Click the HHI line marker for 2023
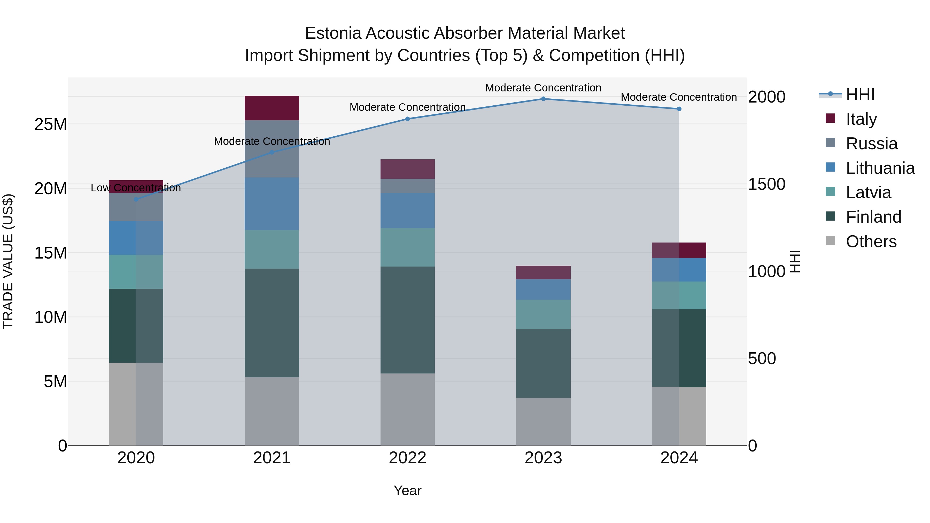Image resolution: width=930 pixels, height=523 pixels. pos(543,99)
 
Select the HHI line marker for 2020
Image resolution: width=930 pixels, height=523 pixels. pos(136,199)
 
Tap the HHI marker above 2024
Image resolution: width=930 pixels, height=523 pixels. pos(679,109)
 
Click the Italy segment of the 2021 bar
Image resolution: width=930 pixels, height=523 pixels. pos(272,108)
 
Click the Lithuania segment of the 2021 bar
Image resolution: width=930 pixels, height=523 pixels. pos(272,204)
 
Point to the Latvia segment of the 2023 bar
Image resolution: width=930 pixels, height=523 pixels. pos(543,314)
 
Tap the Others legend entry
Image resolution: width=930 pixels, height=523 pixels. pos(871,241)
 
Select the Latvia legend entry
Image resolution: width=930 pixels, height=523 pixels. pos(868,192)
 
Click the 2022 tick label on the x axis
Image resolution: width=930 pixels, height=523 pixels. pos(408,458)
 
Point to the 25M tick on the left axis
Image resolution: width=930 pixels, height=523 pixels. pos(51,124)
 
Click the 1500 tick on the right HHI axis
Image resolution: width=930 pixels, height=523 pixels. pos(766,184)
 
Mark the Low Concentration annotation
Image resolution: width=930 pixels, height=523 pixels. pos(136,188)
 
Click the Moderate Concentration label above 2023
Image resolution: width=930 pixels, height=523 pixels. pos(543,88)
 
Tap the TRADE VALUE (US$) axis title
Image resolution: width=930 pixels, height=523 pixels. pos(8,261)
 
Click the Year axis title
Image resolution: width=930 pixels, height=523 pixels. pos(408,490)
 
